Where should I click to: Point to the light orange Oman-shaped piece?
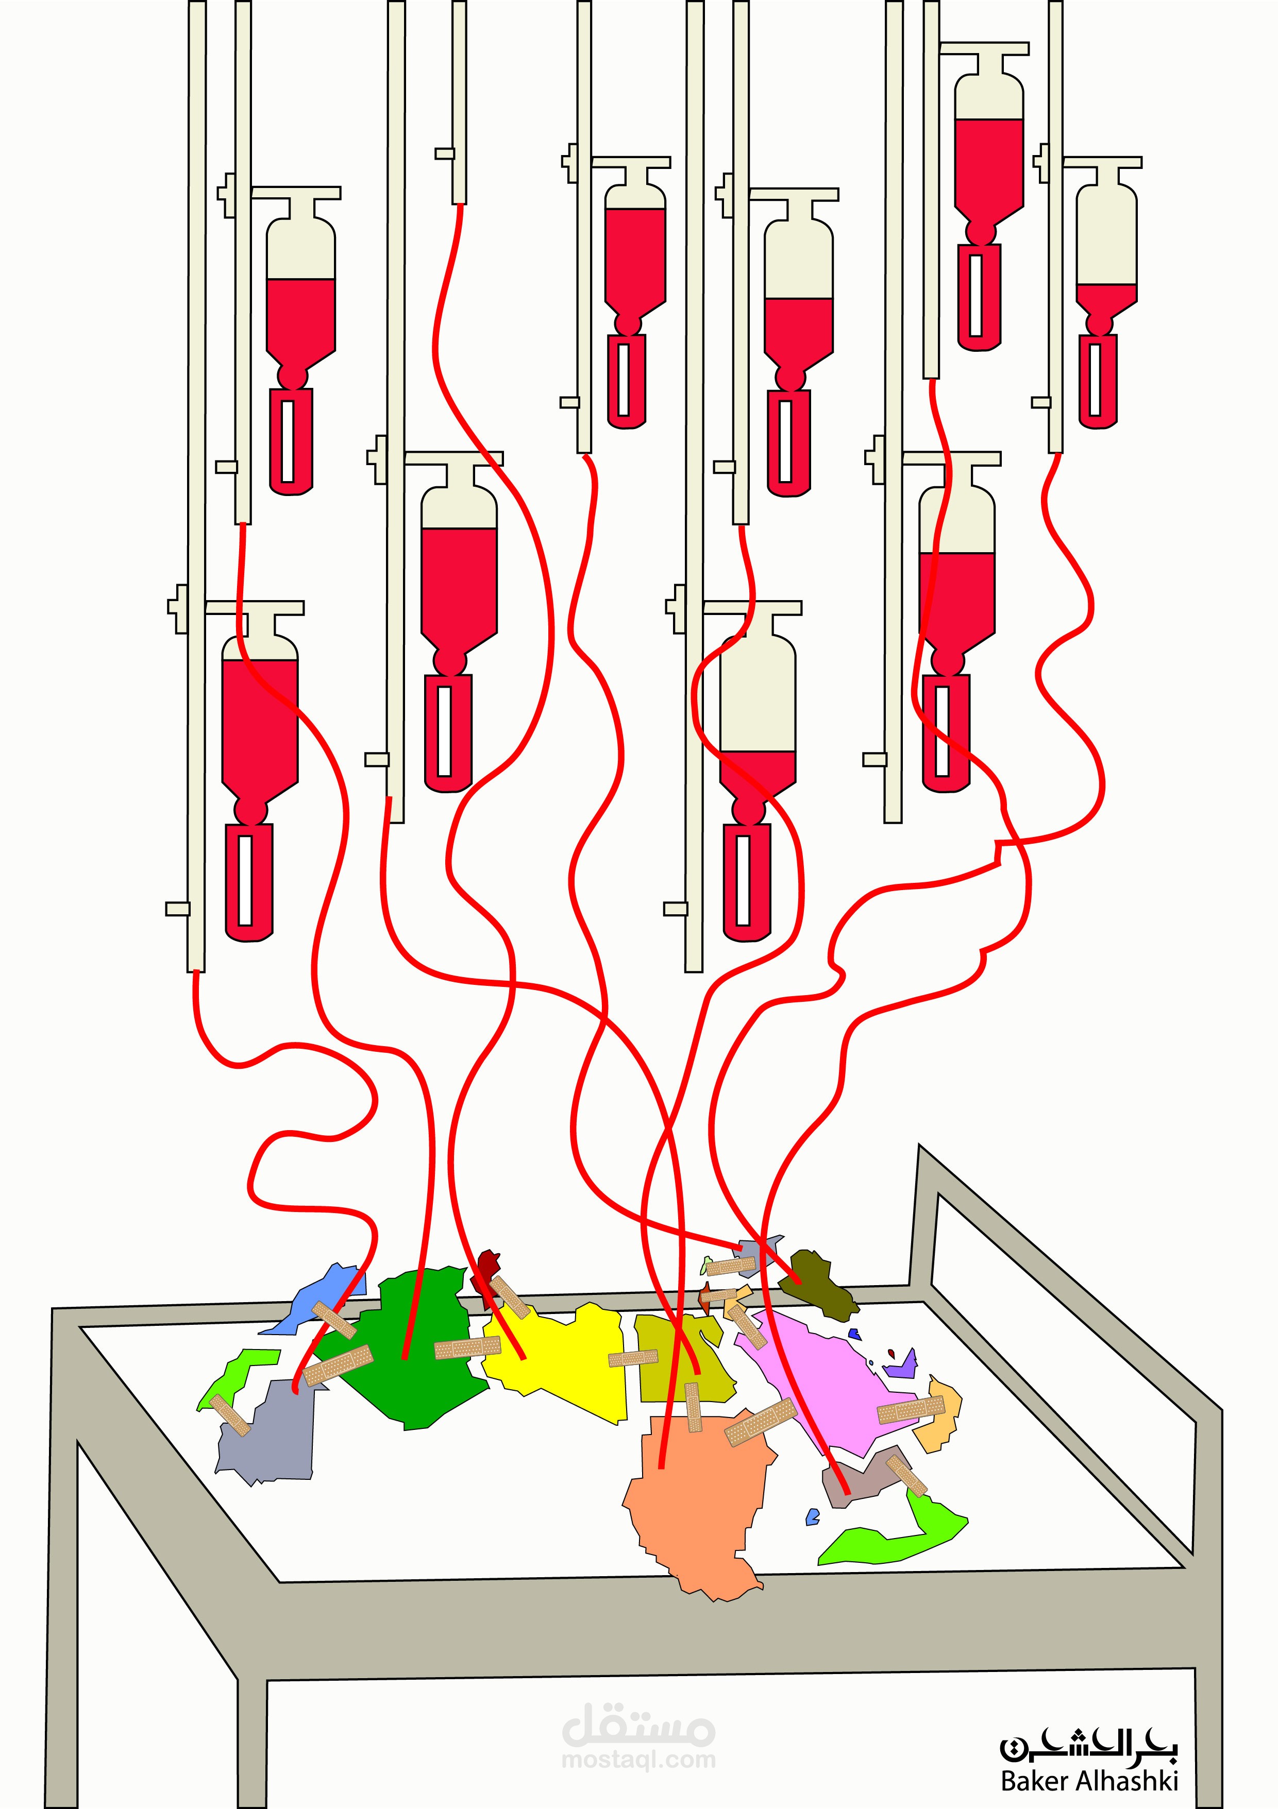tap(942, 1418)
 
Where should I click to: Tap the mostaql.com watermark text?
tap(638, 1759)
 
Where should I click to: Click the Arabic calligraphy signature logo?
tap(1089, 1745)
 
